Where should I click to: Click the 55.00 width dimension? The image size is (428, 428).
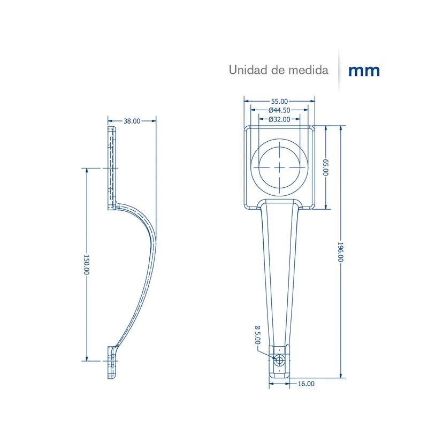(x=279, y=101)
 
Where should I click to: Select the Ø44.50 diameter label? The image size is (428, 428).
(x=279, y=110)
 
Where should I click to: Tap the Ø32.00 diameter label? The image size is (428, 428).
(x=279, y=119)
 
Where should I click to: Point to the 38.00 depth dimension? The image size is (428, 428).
(x=132, y=121)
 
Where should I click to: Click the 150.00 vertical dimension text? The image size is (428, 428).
(x=87, y=264)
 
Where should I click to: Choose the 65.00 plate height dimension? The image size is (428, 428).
(x=326, y=167)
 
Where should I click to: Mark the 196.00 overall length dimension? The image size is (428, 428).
(x=340, y=251)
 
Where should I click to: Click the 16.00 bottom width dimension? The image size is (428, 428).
(x=306, y=384)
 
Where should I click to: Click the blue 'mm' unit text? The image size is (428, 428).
(x=364, y=71)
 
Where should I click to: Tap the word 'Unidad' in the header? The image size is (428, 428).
(x=248, y=70)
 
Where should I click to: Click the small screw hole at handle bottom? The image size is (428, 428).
(x=279, y=361)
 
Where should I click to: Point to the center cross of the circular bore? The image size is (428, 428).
(x=279, y=167)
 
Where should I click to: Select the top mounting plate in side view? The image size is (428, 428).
(x=112, y=168)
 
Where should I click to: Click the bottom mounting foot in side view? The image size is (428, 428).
(x=112, y=362)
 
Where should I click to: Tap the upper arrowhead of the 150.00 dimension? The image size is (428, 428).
(x=87, y=170)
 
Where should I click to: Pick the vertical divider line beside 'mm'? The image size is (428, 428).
(x=339, y=71)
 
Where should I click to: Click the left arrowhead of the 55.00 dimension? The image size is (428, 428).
(x=247, y=101)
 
